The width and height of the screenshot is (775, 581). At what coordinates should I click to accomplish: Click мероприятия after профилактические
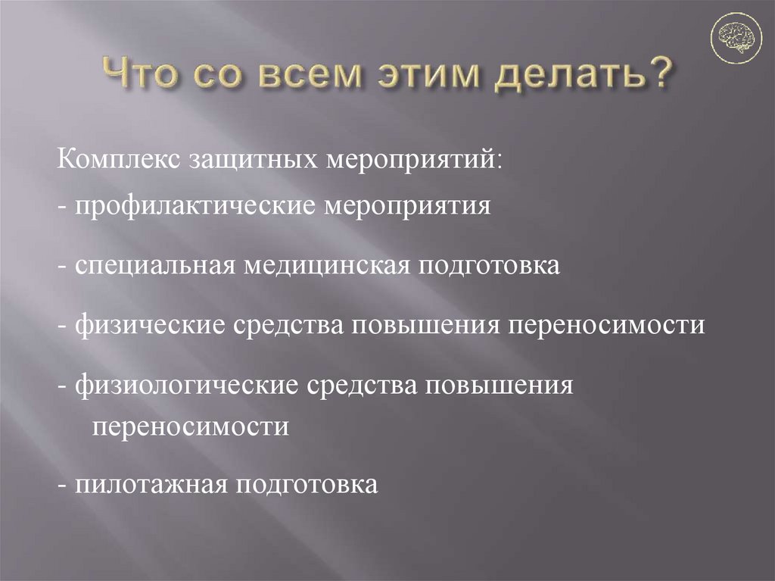tap(409, 206)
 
